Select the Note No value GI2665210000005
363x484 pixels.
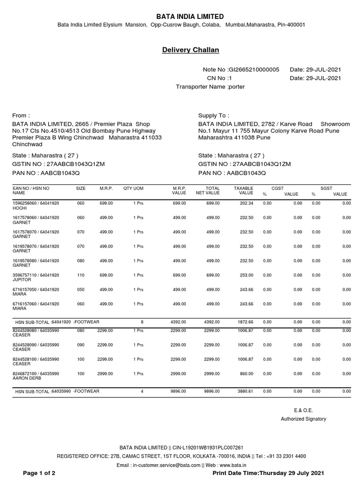(x=254, y=69)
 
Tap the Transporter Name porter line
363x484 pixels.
(x=210, y=86)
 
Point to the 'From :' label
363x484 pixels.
(x=21, y=115)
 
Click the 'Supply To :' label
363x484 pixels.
(x=214, y=115)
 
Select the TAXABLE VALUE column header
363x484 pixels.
(x=244, y=191)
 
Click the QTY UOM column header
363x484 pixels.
(x=133, y=188)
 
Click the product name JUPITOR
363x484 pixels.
(x=22, y=279)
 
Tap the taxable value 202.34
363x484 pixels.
(x=246, y=203)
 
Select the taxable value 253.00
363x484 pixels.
(x=246, y=275)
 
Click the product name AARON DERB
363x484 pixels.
(x=27, y=379)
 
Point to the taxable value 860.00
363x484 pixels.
(x=246, y=373)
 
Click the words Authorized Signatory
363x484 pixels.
(x=303, y=419)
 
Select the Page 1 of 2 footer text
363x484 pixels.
(x=39, y=473)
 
